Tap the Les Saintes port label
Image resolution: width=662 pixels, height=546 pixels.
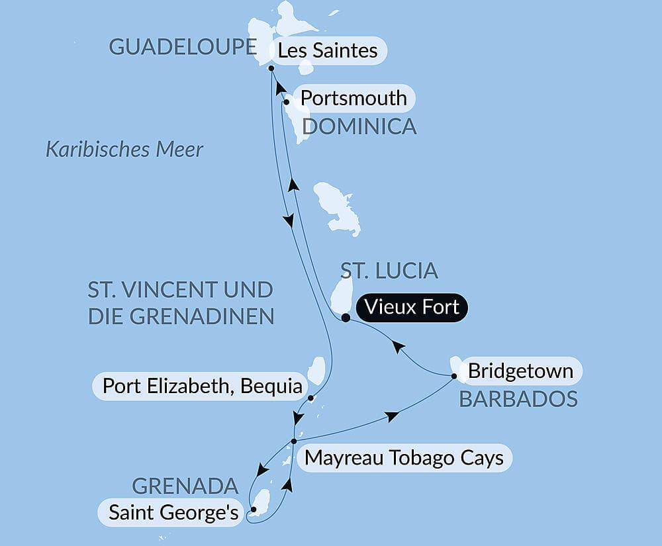point(328,50)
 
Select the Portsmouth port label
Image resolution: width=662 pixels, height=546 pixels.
point(354,98)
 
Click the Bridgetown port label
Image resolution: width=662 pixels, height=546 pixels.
point(520,371)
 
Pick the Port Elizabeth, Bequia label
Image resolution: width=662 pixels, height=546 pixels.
point(203,386)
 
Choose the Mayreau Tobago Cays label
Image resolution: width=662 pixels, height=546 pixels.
point(404,458)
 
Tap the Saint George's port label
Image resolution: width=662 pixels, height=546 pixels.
point(173,512)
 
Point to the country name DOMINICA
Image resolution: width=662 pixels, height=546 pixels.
point(359,126)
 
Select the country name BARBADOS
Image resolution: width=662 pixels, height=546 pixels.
point(518,399)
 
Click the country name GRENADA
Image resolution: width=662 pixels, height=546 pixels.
point(185,486)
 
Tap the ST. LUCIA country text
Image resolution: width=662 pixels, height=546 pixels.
point(389,270)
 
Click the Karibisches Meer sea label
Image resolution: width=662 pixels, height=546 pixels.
point(124,150)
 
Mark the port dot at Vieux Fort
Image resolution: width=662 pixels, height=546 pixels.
point(346,318)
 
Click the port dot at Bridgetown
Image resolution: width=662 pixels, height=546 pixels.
point(455,377)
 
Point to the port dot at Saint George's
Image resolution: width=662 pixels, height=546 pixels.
point(254,510)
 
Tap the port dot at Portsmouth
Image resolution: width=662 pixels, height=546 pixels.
point(286,102)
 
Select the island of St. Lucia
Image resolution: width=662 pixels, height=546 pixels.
point(342,295)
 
